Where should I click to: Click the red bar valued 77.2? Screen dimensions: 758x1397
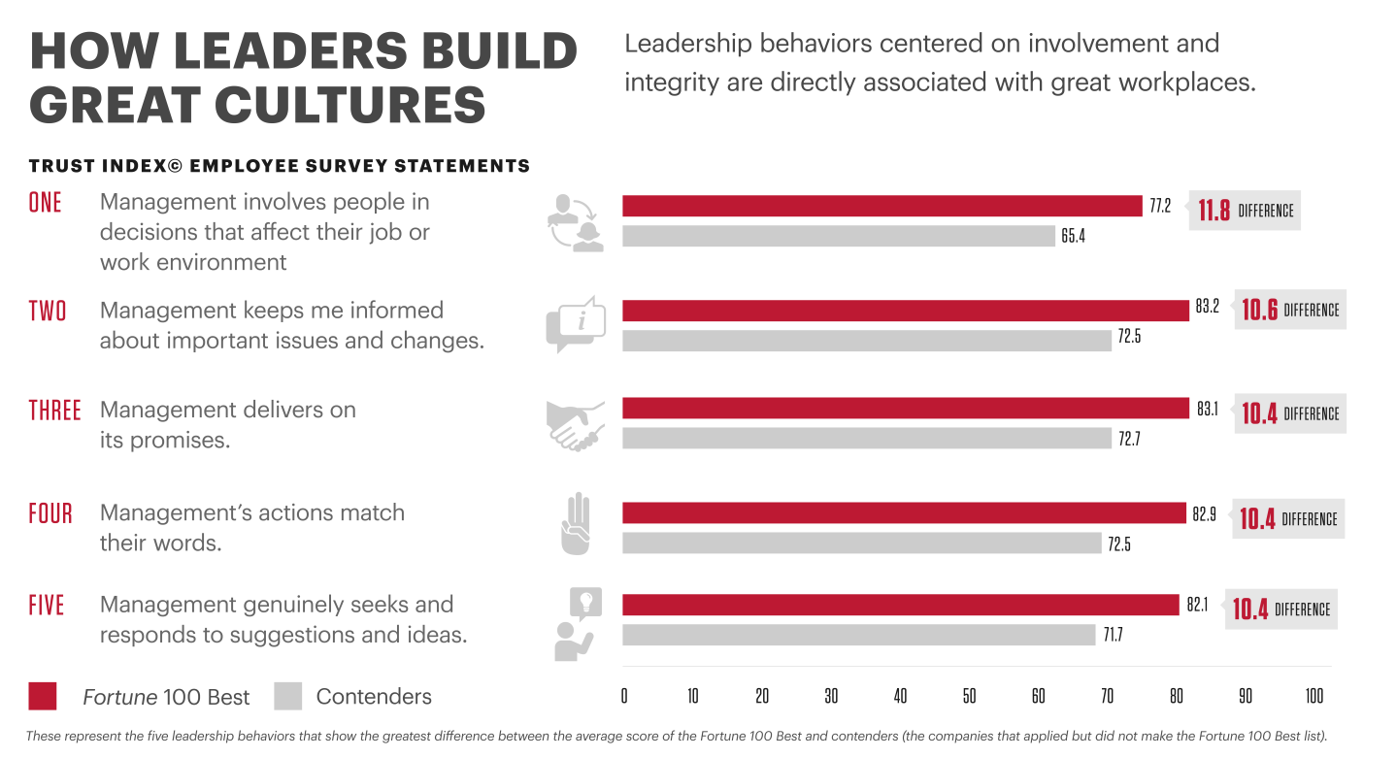(x=881, y=206)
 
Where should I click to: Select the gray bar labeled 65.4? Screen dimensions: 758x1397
(x=838, y=236)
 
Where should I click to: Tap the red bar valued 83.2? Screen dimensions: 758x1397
(x=905, y=310)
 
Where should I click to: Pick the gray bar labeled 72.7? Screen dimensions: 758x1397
(x=866, y=439)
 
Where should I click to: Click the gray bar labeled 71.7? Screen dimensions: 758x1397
(x=858, y=635)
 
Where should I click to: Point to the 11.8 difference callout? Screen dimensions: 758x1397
(x=1246, y=210)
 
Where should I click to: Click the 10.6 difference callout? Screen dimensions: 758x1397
(x=1290, y=310)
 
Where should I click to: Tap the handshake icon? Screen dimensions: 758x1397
(x=576, y=424)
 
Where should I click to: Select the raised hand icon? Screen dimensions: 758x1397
(x=576, y=525)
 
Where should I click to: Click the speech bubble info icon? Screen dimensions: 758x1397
(x=576, y=325)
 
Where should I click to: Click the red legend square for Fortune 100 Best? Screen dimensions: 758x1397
(x=43, y=696)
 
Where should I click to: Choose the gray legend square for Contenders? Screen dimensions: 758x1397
(x=288, y=696)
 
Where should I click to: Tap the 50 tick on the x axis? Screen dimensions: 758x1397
(x=969, y=696)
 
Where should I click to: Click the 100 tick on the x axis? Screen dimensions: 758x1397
(x=1314, y=696)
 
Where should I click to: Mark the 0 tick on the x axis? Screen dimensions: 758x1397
(x=623, y=696)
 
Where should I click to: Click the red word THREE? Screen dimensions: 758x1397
(x=54, y=411)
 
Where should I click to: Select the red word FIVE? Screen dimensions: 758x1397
(x=47, y=606)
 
